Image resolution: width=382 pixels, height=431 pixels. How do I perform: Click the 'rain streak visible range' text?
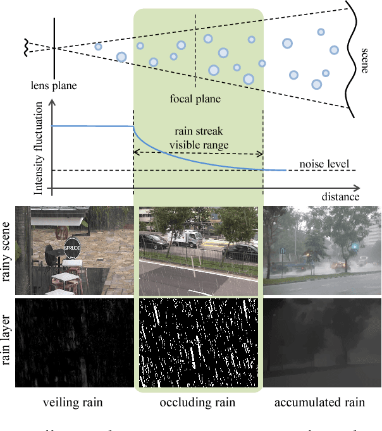(198, 138)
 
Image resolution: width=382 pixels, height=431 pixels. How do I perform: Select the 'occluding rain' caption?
(198, 403)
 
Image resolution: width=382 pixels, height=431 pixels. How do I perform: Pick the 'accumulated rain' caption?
(322, 403)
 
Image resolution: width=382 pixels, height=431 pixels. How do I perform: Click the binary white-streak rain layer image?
(199, 343)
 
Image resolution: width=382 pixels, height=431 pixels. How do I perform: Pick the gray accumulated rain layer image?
(322, 343)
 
